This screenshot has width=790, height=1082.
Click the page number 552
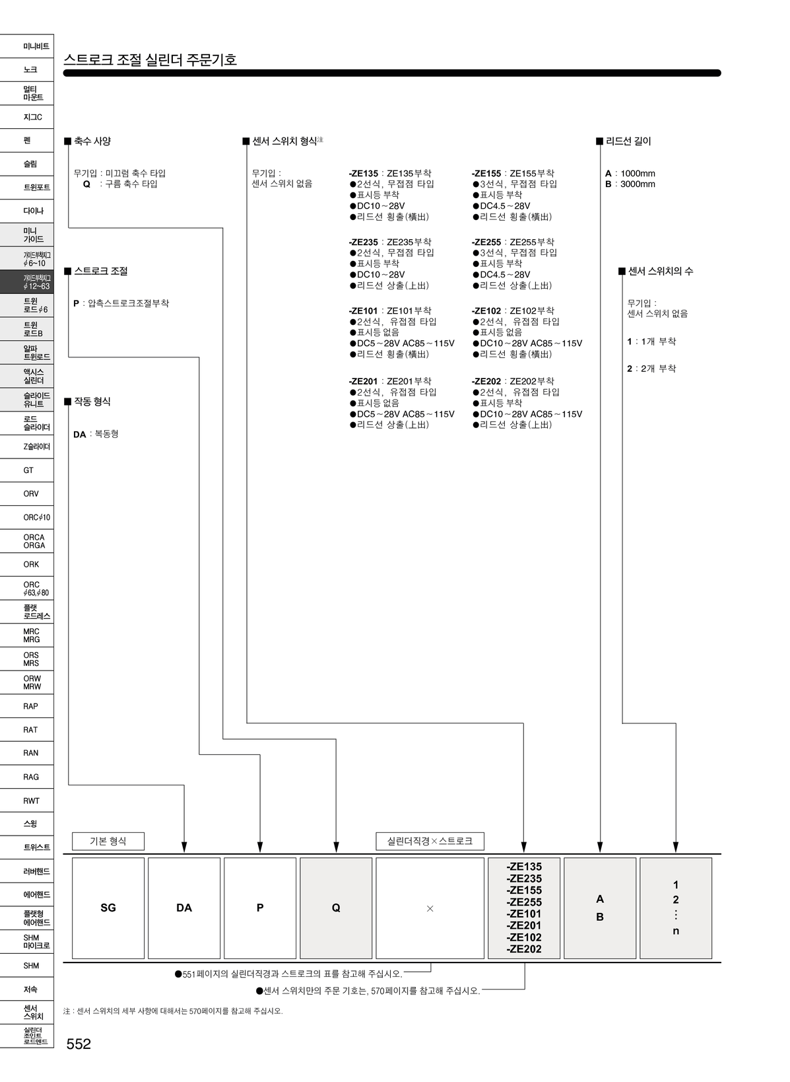79,1044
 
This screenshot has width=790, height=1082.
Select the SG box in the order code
108,908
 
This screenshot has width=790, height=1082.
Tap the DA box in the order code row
184,908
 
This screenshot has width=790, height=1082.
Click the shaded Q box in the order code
336,908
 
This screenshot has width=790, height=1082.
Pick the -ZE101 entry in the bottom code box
524,914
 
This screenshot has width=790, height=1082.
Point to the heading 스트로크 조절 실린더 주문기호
150,59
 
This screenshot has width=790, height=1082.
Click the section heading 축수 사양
92,141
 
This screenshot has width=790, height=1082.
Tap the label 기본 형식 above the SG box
108,841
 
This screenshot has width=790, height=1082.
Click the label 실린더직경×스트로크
430,841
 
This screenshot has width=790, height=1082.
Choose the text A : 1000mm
630,174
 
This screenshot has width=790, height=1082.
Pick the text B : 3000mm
630,184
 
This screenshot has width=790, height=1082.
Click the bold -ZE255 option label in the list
486,242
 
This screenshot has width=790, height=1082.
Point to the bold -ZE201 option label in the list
363,381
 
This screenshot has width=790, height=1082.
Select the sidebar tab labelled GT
28,470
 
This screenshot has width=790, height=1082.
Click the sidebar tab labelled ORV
30,493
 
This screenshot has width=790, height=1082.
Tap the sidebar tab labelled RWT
31,801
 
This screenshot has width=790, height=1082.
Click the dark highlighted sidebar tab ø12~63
28,282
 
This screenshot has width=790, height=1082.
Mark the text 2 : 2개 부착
651,369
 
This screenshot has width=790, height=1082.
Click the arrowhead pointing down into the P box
260,847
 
